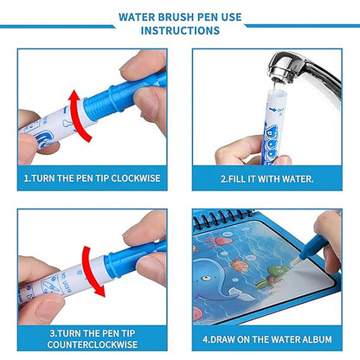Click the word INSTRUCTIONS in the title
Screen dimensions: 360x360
point(179,30)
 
